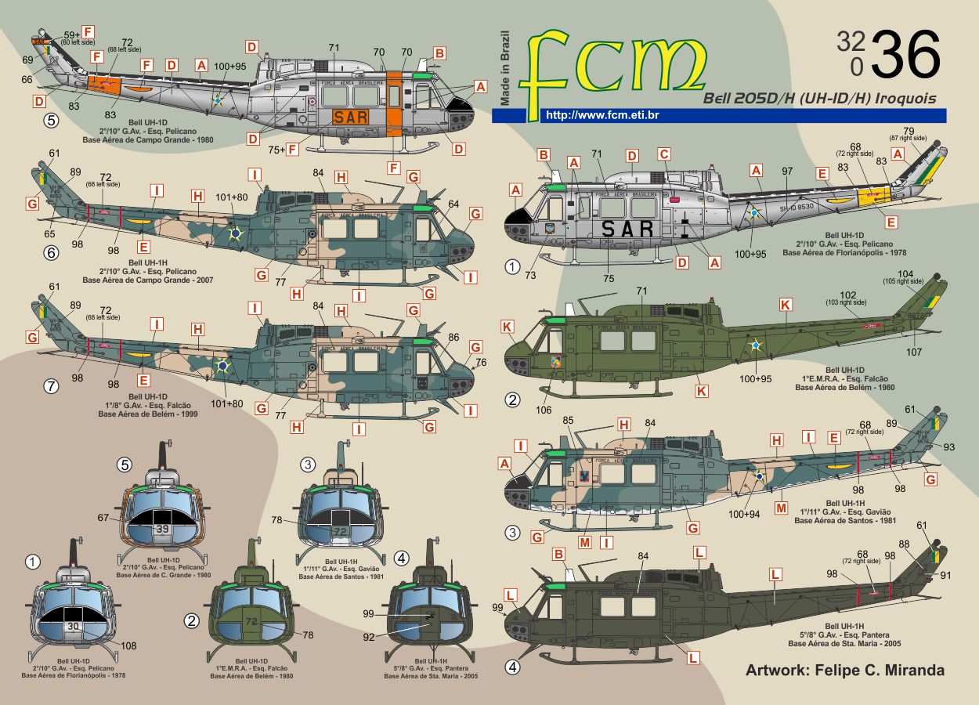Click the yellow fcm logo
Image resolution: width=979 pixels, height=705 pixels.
[614, 62]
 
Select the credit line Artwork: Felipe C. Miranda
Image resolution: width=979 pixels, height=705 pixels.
[844, 671]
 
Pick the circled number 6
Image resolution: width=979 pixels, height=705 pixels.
[52, 253]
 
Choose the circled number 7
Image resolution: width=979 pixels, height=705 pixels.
[52, 387]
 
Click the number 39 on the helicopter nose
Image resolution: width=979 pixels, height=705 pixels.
[162, 529]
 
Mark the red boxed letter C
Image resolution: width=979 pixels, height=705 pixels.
[664, 155]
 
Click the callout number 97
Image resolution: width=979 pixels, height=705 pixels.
[788, 170]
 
